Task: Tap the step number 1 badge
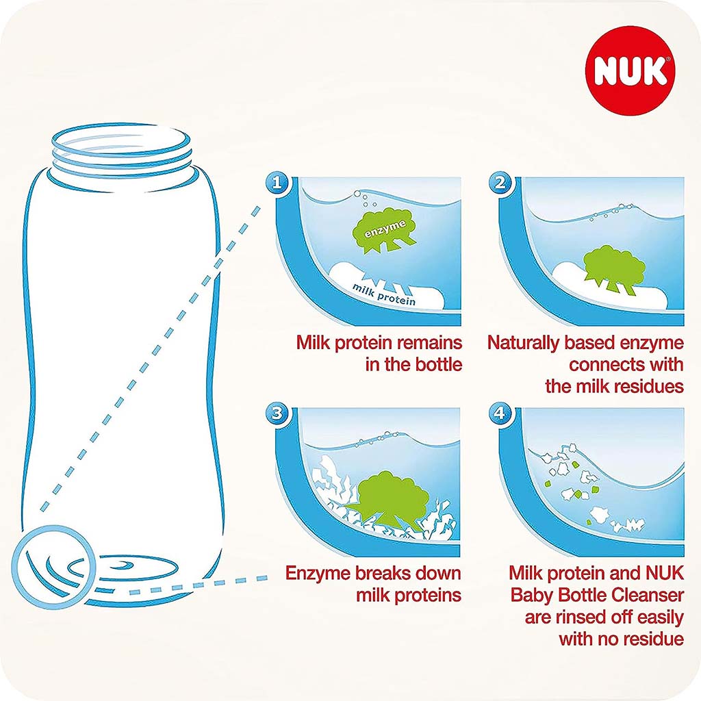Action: (x=277, y=183)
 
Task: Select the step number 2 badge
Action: (x=500, y=183)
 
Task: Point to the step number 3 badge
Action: (x=277, y=413)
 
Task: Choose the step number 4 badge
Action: (x=500, y=413)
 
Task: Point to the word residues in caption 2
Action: (x=647, y=385)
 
